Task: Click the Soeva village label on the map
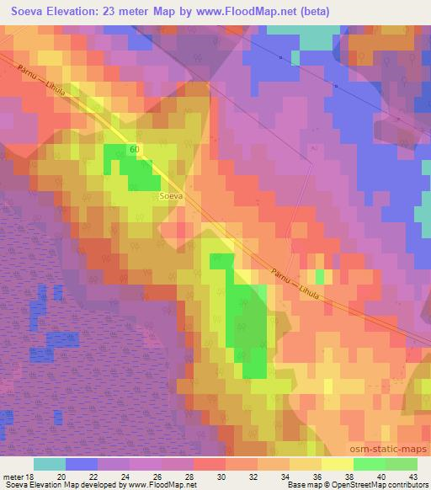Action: [171, 195]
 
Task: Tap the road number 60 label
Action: [135, 149]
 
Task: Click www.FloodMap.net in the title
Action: [252, 12]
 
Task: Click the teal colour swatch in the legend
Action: [50, 464]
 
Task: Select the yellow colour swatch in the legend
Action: [337, 464]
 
